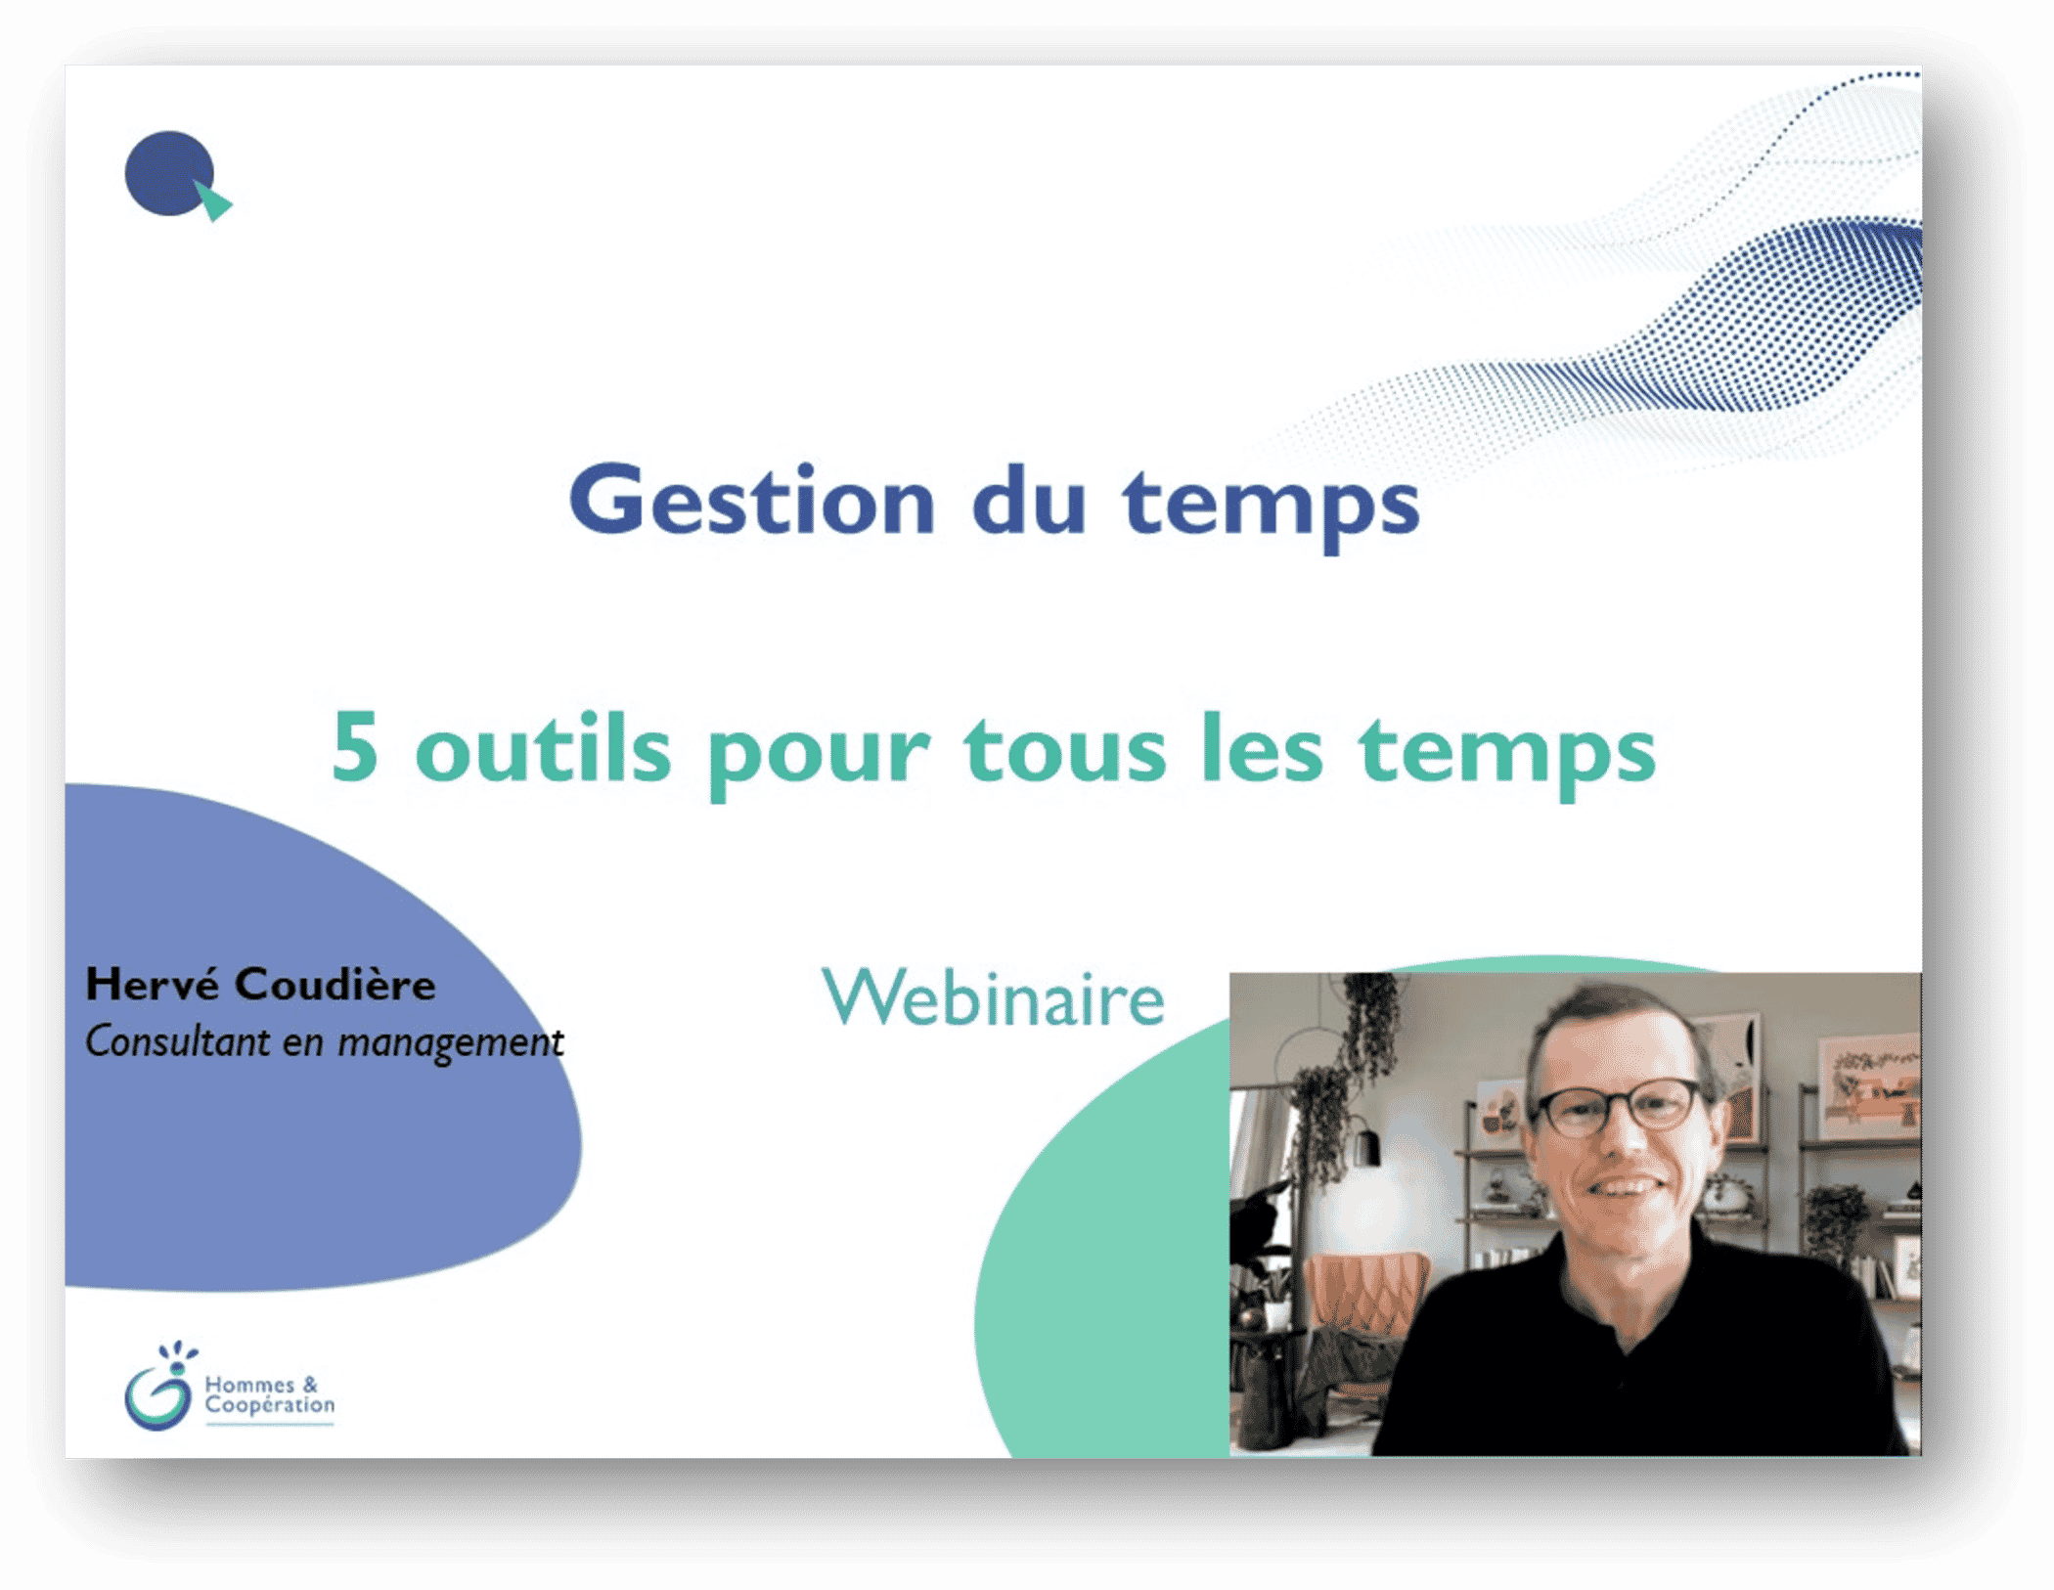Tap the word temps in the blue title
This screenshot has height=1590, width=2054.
coord(1272,508)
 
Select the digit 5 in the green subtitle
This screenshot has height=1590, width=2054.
coord(354,746)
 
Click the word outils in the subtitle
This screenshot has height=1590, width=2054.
coord(543,746)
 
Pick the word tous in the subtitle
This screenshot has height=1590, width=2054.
coord(1065,748)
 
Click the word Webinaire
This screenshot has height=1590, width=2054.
coord(993,997)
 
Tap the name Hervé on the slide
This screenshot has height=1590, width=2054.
coord(152,983)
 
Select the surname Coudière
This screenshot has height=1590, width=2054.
coord(335,983)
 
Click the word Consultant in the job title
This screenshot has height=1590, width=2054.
coord(177,1041)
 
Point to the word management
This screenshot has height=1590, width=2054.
coord(451,1044)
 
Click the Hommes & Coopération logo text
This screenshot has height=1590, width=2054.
coord(269,1395)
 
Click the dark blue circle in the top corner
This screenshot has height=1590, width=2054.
coord(168,173)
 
